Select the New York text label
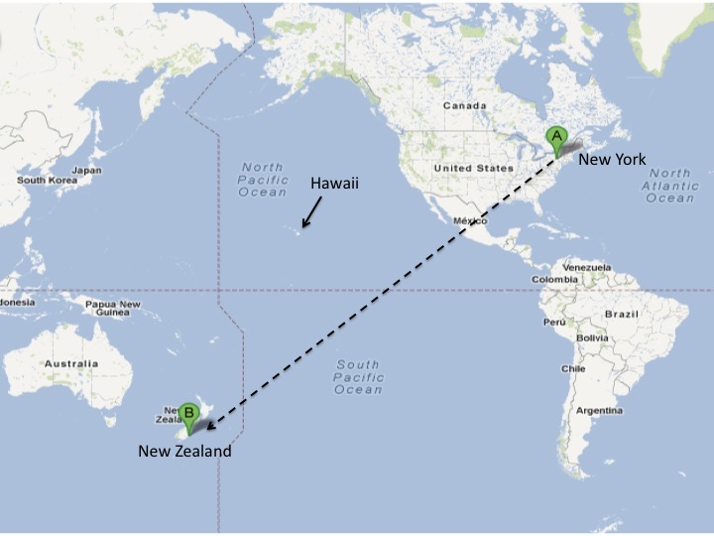pos(612,159)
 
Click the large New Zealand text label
pos(184,452)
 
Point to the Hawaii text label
pos(334,184)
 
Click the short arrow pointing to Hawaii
pos(311,211)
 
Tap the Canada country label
pos(465,105)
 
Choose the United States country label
pos(473,169)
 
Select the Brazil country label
pos(623,314)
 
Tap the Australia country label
pos(71,364)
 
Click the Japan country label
pos(87,170)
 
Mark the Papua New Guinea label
pos(113,308)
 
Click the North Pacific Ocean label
pos(263,180)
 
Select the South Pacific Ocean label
pos(359,377)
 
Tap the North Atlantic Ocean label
pos(670,186)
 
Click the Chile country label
pos(574,368)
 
